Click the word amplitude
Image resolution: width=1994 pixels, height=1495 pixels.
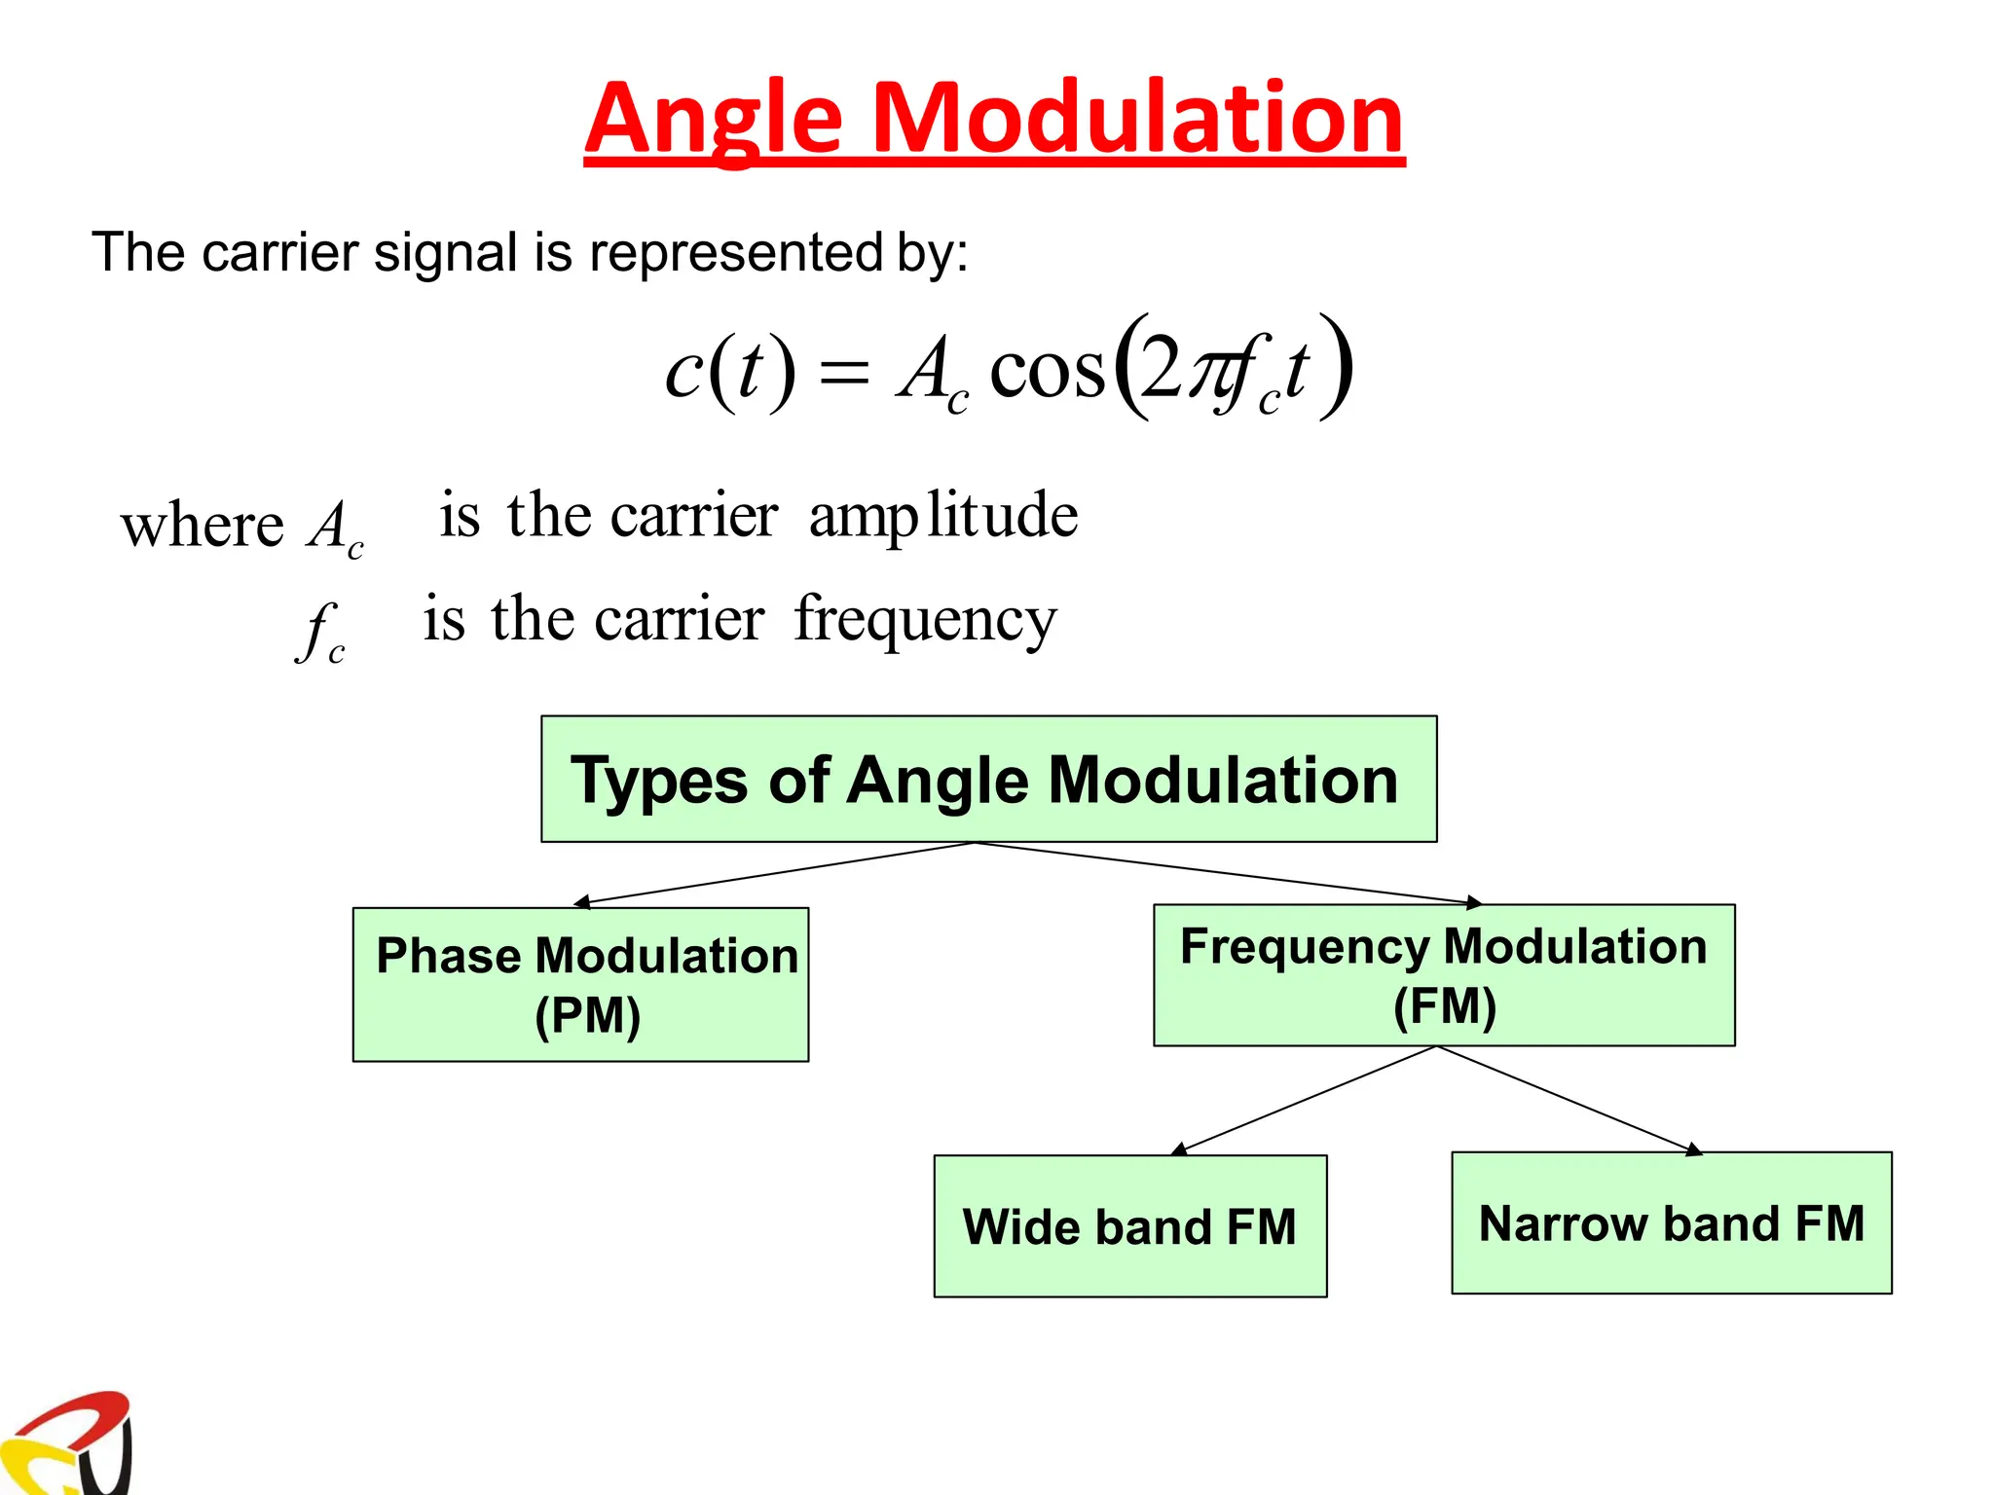point(942,516)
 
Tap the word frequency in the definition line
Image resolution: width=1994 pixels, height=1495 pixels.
point(925,621)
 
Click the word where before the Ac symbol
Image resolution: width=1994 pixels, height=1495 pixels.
point(202,527)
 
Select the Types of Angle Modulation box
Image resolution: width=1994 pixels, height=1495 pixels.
point(988,779)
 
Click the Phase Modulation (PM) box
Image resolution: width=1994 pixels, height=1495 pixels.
point(580,984)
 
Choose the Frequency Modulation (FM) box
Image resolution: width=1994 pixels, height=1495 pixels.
point(1443,975)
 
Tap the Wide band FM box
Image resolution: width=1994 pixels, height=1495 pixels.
point(1129,1225)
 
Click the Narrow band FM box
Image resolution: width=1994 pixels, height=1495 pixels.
point(1671,1222)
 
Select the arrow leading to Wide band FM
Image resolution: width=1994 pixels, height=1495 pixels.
point(1305,1101)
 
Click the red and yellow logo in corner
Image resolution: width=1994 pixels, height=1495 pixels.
point(68,1444)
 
